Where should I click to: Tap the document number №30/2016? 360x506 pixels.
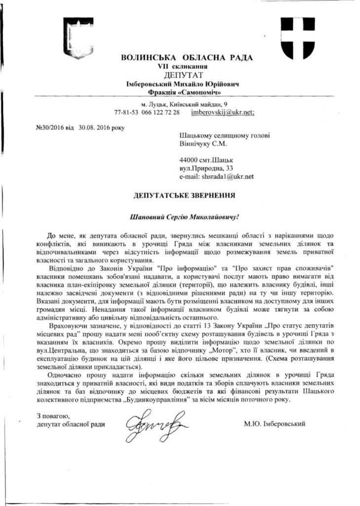tap(48, 127)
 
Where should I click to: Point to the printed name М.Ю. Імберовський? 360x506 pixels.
tap(274, 423)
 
